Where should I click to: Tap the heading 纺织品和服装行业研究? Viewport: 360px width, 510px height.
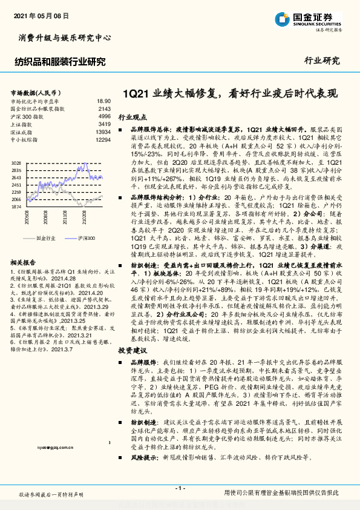[x=59, y=61]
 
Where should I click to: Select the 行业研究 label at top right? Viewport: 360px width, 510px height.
[x=323, y=61]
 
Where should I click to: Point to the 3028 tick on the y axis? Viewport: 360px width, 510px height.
[x=16, y=163]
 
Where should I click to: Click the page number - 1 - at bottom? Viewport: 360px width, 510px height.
[x=179, y=488]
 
